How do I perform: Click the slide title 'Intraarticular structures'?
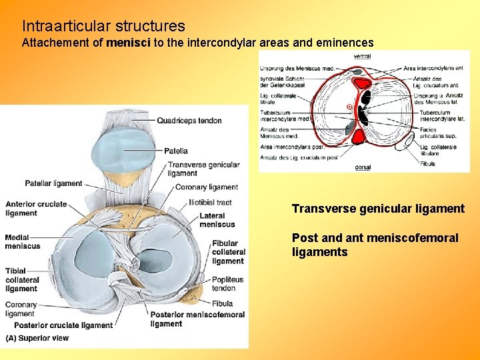click(x=103, y=26)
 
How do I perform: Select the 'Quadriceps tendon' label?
click(x=189, y=121)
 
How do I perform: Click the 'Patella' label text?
click(x=175, y=151)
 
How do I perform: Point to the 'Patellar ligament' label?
click(x=53, y=183)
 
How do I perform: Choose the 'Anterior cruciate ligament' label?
click(x=36, y=208)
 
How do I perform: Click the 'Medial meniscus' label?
click(x=23, y=241)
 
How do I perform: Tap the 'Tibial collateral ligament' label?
click(x=22, y=280)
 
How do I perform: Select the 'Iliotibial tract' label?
click(x=210, y=202)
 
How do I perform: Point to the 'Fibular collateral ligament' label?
click(x=228, y=252)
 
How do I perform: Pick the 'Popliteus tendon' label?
click(x=228, y=284)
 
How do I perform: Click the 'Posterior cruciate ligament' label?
click(x=64, y=325)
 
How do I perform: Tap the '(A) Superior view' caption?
click(x=37, y=338)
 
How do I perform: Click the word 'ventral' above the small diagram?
click(x=363, y=57)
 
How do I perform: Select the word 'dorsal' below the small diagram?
click(x=363, y=167)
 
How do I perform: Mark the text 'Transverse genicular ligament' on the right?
click(x=378, y=209)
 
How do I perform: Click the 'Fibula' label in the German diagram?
click(x=428, y=163)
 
